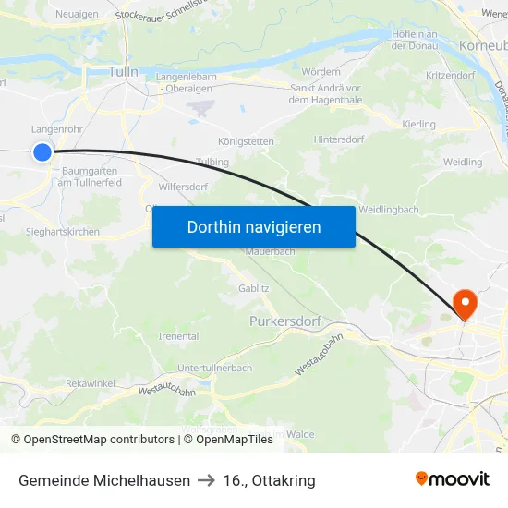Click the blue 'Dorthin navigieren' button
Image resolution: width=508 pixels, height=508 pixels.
pos(254,226)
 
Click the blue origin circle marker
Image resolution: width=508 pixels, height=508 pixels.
pos(42,152)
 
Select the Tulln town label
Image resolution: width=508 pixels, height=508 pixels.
pos(123,72)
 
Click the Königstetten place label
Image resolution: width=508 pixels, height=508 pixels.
pos(246,141)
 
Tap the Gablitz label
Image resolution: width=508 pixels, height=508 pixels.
pos(253,288)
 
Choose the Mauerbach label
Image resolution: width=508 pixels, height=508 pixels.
pos(270,251)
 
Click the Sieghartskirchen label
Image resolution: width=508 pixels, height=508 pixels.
pos(63,232)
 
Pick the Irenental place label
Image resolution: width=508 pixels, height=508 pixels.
pos(179,336)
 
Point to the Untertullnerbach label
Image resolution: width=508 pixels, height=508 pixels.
pos(214,368)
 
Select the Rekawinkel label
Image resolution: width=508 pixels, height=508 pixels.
pos(91,382)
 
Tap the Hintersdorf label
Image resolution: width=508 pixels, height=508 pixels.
pos(339,139)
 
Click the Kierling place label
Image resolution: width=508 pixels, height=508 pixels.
pos(419,124)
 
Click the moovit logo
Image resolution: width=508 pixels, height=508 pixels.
pos(452,479)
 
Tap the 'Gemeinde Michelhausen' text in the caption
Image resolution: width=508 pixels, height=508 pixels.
pos(104,480)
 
